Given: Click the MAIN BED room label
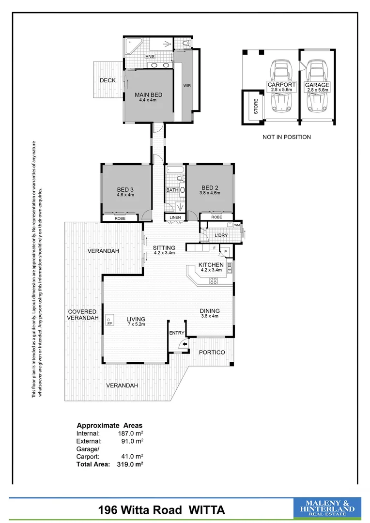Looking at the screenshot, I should click(148, 95).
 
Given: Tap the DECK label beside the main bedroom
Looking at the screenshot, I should click(108, 80).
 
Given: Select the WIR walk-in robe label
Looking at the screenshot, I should click(187, 86).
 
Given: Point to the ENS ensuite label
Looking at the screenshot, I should click(150, 57).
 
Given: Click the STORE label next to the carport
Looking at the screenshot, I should click(256, 107).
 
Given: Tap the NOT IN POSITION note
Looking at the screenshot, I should click(287, 137).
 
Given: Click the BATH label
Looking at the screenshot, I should click(172, 190).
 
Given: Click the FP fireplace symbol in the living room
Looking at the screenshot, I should click(110, 323).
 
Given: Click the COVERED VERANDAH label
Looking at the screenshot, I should click(82, 315).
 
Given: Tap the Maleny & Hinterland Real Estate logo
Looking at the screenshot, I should click(327, 509).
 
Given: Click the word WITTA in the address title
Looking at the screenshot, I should click(204, 510).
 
